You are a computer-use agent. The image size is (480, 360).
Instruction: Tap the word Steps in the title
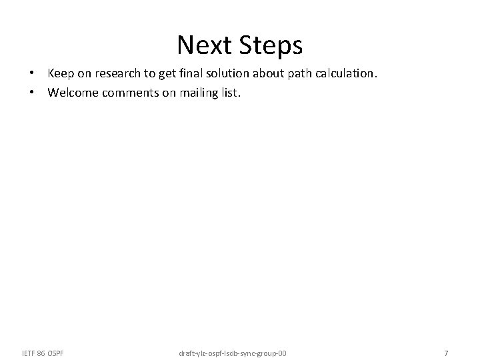tap(270, 45)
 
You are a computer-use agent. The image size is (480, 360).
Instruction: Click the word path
tap(315, 74)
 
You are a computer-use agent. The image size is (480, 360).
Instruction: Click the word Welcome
tap(73, 93)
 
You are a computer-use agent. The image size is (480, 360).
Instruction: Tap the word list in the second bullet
tap(230, 93)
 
